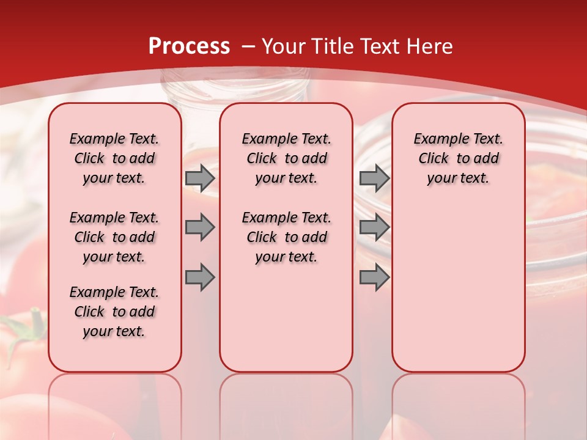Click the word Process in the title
pos(189,46)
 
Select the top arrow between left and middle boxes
pos(200,178)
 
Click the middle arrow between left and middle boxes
pos(200,227)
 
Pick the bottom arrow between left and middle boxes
pos(200,277)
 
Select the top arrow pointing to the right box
pos(374,178)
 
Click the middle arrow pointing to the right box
pos(374,227)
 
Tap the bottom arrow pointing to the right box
pos(374,277)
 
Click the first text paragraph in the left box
pos(114,158)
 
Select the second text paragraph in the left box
pos(114,237)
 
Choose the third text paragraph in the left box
pos(114,312)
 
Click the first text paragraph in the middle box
pos(287,158)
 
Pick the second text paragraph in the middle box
pos(287,237)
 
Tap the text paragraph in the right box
pos(459,158)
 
